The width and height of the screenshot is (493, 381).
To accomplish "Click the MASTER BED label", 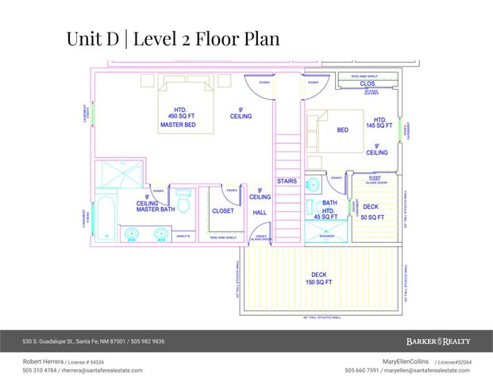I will (x=178, y=125).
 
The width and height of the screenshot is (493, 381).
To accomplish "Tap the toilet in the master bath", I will (x=183, y=206).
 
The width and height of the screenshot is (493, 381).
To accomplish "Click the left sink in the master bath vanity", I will (x=132, y=233).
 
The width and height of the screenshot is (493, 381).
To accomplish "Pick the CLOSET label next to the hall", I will (x=223, y=210).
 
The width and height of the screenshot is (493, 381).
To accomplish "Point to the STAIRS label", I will (x=287, y=181).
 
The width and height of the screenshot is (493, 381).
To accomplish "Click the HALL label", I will (x=260, y=213).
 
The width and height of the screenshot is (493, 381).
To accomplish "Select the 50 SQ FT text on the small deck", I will (x=373, y=217).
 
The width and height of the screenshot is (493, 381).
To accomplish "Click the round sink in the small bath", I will (x=312, y=185).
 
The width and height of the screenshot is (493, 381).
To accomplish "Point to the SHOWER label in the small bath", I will (x=327, y=236).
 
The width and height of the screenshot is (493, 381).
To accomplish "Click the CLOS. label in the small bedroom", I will (x=367, y=83).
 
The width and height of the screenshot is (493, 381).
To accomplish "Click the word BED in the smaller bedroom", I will (x=342, y=130).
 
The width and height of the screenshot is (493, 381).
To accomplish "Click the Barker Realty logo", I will (x=439, y=341).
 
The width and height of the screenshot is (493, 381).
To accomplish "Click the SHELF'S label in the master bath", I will (x=183, y=236).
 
